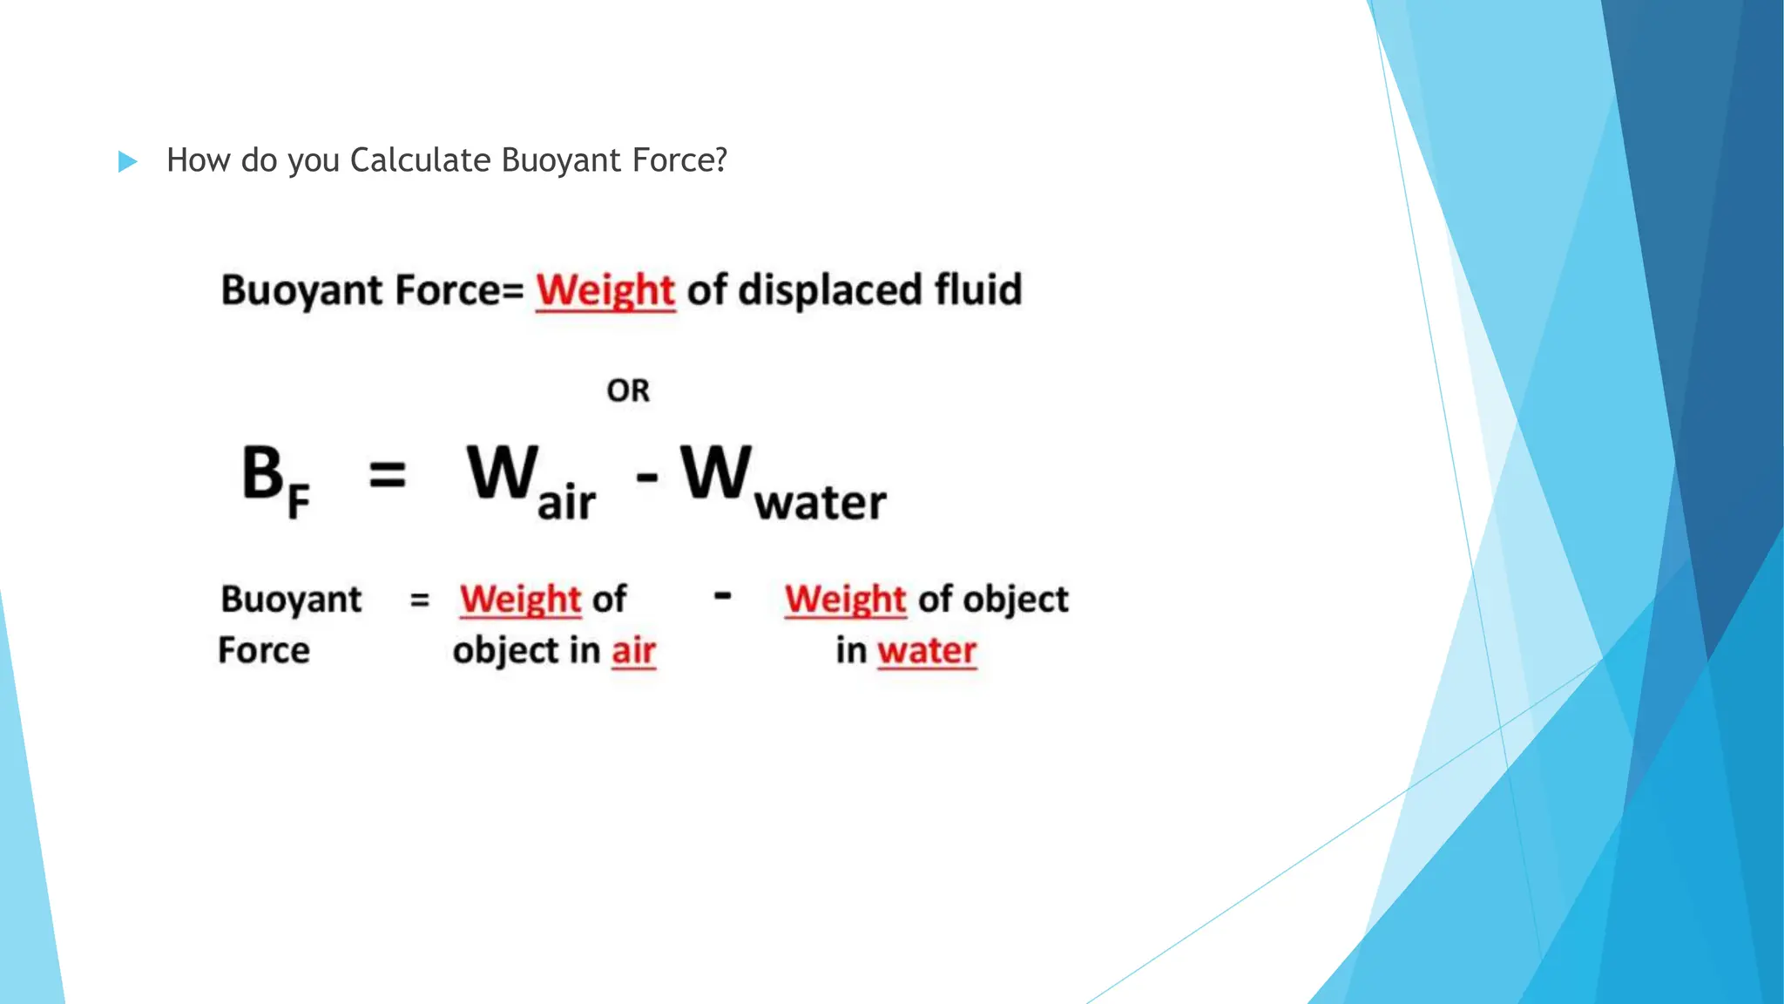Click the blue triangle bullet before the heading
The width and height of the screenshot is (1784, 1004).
tap(127, 161)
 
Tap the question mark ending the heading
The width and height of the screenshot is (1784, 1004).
tap(720, 160)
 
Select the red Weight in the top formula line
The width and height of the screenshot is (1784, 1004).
tap(605, 290)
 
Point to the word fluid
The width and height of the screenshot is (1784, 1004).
tap(977, 290)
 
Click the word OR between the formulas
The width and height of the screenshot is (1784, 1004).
tap(628, 390)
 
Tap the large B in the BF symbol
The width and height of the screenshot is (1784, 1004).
tap(262, 473)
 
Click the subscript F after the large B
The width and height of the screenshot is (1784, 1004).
tap(298, 503)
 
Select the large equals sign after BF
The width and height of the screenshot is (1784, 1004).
tap(388, 476)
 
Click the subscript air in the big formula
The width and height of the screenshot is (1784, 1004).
tap(566, 503)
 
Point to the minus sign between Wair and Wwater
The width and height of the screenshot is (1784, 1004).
tap(646, 477)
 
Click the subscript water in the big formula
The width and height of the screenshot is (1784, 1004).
tap(820, 503)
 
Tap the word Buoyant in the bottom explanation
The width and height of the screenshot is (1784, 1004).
tap(291, 600)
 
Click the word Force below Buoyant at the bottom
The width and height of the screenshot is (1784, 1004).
tap(264, 650)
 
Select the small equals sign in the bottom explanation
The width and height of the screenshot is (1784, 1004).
tap(420, 600)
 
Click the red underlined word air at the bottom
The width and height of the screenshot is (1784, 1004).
tap(633, 651)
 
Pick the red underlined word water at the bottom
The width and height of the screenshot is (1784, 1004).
tap(927, 651)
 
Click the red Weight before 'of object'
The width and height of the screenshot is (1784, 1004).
tap(845, 600)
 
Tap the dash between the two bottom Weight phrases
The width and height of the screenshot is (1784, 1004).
tap(722, 596)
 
